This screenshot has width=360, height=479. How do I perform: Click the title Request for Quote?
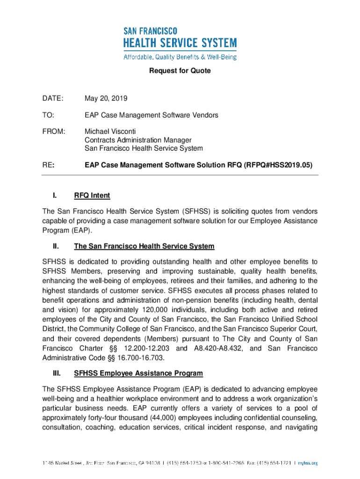180,71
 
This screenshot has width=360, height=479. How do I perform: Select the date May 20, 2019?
106,99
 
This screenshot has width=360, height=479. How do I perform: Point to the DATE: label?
52,99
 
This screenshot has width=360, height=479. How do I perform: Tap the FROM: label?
54,131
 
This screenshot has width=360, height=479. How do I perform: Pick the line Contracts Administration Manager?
138,140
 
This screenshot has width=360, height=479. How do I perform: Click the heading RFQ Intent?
92,196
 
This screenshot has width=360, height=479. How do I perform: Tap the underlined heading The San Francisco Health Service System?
144,246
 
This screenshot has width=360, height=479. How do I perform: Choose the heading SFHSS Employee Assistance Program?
138,373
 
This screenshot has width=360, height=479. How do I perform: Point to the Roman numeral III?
57,373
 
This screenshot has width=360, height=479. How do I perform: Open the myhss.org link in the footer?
308,463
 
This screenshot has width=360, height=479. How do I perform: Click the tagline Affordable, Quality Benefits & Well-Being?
180,57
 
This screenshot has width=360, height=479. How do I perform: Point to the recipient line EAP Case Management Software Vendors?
151,115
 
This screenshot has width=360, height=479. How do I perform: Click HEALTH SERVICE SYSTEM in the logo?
180,44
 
